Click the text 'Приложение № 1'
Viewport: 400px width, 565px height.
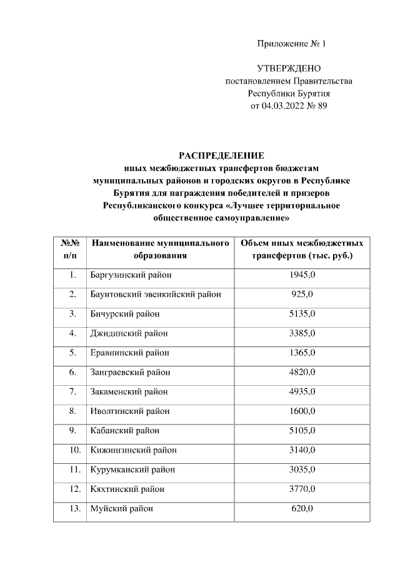tap(292, 44)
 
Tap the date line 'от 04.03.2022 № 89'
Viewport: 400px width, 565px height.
tap(289, 106)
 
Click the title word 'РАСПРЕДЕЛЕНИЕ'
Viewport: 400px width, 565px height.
tap(222, 155)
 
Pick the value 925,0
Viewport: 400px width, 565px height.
tap(302, 294)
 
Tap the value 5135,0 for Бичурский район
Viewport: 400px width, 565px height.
tap(302, 313)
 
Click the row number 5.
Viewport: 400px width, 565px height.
tap(72, 353)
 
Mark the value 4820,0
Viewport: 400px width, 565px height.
tap(302, 372)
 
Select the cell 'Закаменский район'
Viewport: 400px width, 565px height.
tap(129, 391)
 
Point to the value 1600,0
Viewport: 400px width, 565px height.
tap(302, 411)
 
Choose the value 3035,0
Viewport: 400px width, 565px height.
tap(302, 469)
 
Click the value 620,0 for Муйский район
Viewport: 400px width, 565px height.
tap(302, 508)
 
